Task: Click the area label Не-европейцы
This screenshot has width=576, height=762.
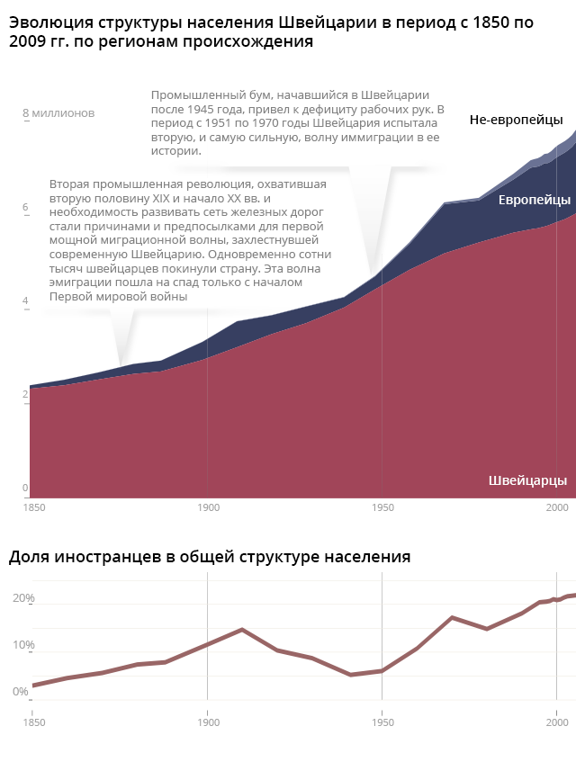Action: [516, 120]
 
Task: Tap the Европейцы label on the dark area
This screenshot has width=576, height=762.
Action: [535, 200]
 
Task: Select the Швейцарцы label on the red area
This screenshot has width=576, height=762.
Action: [527, 480]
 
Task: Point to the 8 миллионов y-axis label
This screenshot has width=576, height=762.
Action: [58, 113]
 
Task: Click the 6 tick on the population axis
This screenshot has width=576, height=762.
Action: [25, 208]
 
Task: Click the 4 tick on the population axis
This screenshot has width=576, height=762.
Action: [25, 301]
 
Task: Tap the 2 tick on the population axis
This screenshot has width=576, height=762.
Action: [25, 396]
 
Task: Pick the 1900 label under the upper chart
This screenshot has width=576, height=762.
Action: [208, 508]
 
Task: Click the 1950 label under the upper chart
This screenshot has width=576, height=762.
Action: [382, 508]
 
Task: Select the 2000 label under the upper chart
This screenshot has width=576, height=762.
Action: [557, 508]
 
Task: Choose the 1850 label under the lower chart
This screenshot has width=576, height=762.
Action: [33, 722]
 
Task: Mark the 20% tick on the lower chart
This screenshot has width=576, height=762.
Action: [23, 598]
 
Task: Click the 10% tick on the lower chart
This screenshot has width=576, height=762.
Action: [23, 645]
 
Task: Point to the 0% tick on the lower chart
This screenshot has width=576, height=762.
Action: [20, 692]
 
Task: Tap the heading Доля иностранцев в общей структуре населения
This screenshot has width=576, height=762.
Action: [210, 557]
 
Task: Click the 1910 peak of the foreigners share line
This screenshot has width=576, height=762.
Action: [242, 630]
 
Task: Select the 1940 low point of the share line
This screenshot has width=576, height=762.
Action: [349, 675]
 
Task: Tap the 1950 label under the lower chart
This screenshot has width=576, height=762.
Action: [382, 722]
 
